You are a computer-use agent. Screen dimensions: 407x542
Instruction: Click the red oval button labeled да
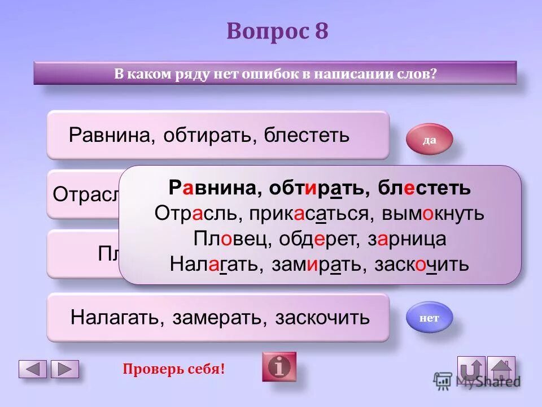(429, 140)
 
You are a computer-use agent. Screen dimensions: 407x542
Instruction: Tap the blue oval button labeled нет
(429, 318)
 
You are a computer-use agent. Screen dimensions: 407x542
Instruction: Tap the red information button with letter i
(279, 367)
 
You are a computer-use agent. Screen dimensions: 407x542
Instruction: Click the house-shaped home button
(501, 370)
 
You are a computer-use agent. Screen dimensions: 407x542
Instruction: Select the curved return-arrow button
(471, 370)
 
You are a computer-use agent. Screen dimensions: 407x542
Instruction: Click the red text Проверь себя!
(174, 370)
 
